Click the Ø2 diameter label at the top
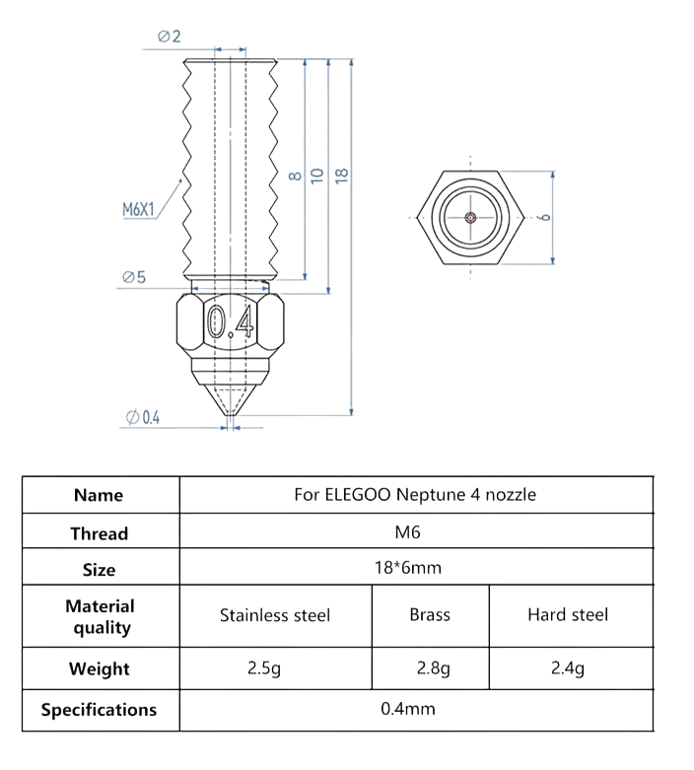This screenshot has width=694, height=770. pos(170,37)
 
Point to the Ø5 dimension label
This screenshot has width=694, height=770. pos(134,278)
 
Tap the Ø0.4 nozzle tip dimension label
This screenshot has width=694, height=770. pos(143,417)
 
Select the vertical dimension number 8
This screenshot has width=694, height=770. pos(293,175)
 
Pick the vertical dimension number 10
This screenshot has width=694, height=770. pos(316,175)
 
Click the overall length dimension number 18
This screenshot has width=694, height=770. pos(341,175)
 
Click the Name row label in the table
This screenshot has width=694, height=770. pos(99,495)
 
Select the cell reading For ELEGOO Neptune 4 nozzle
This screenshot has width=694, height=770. pos(415,495)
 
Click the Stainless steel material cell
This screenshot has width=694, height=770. pos(275,615)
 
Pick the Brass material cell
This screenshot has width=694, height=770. pos(430,615)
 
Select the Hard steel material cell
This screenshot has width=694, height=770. pos(568,615)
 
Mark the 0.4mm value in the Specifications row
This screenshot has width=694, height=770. pos(408,708)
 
